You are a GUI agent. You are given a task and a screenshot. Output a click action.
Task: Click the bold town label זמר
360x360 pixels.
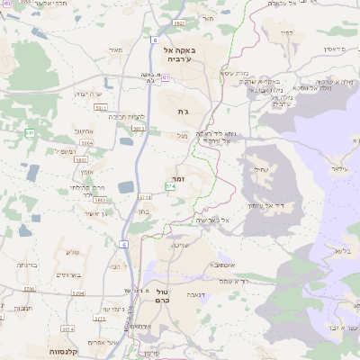(179, 179)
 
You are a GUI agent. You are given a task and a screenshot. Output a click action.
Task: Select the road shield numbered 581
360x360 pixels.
(30, 132)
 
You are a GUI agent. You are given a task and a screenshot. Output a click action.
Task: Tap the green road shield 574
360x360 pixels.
(170, 186)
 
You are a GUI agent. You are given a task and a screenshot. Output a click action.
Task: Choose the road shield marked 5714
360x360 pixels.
(145, 196)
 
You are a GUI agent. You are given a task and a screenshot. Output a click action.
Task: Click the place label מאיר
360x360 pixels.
(113, 49)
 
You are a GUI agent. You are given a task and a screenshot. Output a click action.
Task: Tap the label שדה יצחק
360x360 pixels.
(91, 94)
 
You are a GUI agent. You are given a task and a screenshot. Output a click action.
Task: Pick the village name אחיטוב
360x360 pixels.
(84, 130)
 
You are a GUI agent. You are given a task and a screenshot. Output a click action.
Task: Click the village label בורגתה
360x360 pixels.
(25, 266)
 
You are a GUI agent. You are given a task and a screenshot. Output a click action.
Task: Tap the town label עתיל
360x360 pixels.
(262, 168)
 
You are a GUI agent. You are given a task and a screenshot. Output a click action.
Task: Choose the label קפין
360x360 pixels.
(286, 31)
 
